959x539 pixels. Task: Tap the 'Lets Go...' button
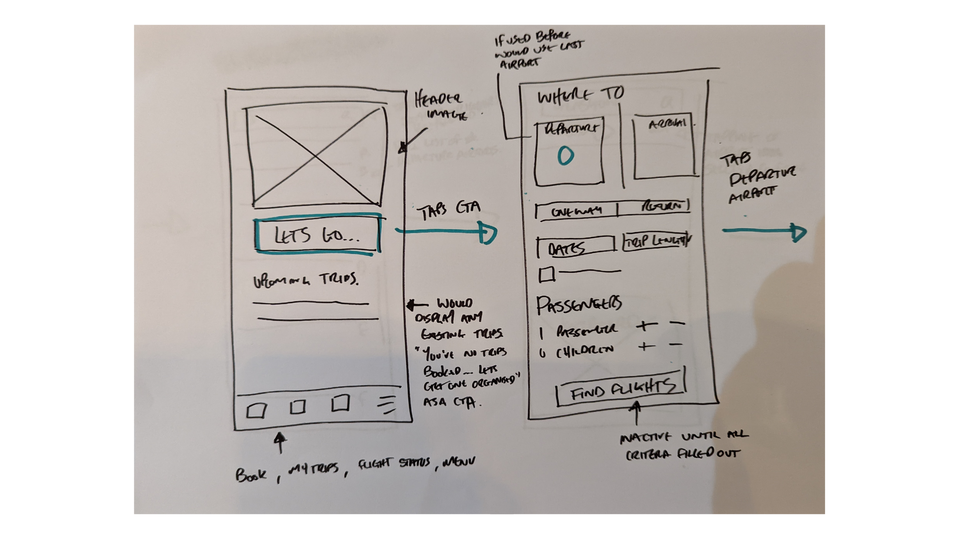coord(317,235)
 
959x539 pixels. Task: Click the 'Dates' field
coord(574,248)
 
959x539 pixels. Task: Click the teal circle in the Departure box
coord(565,156)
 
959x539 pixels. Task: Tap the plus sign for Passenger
coord(647,326)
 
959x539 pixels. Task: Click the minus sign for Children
coord(676,345)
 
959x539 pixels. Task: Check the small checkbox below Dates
coord(546,275)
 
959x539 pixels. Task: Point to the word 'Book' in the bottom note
coord(250,475)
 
